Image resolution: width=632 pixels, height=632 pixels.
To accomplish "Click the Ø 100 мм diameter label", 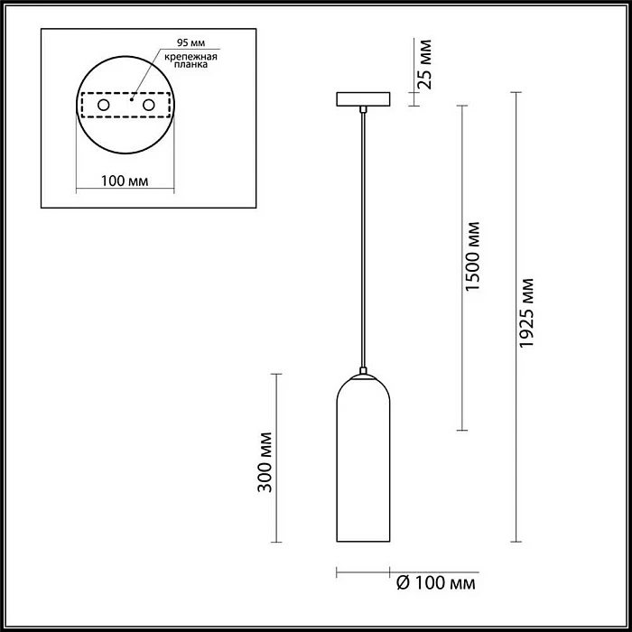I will tap(436, 583).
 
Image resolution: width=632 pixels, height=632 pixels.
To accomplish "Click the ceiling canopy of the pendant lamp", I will tap(362, 98).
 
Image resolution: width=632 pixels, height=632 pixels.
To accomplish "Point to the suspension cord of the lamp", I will tap(362, 235).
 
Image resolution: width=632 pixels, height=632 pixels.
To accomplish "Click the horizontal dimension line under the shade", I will tap(362, 572).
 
